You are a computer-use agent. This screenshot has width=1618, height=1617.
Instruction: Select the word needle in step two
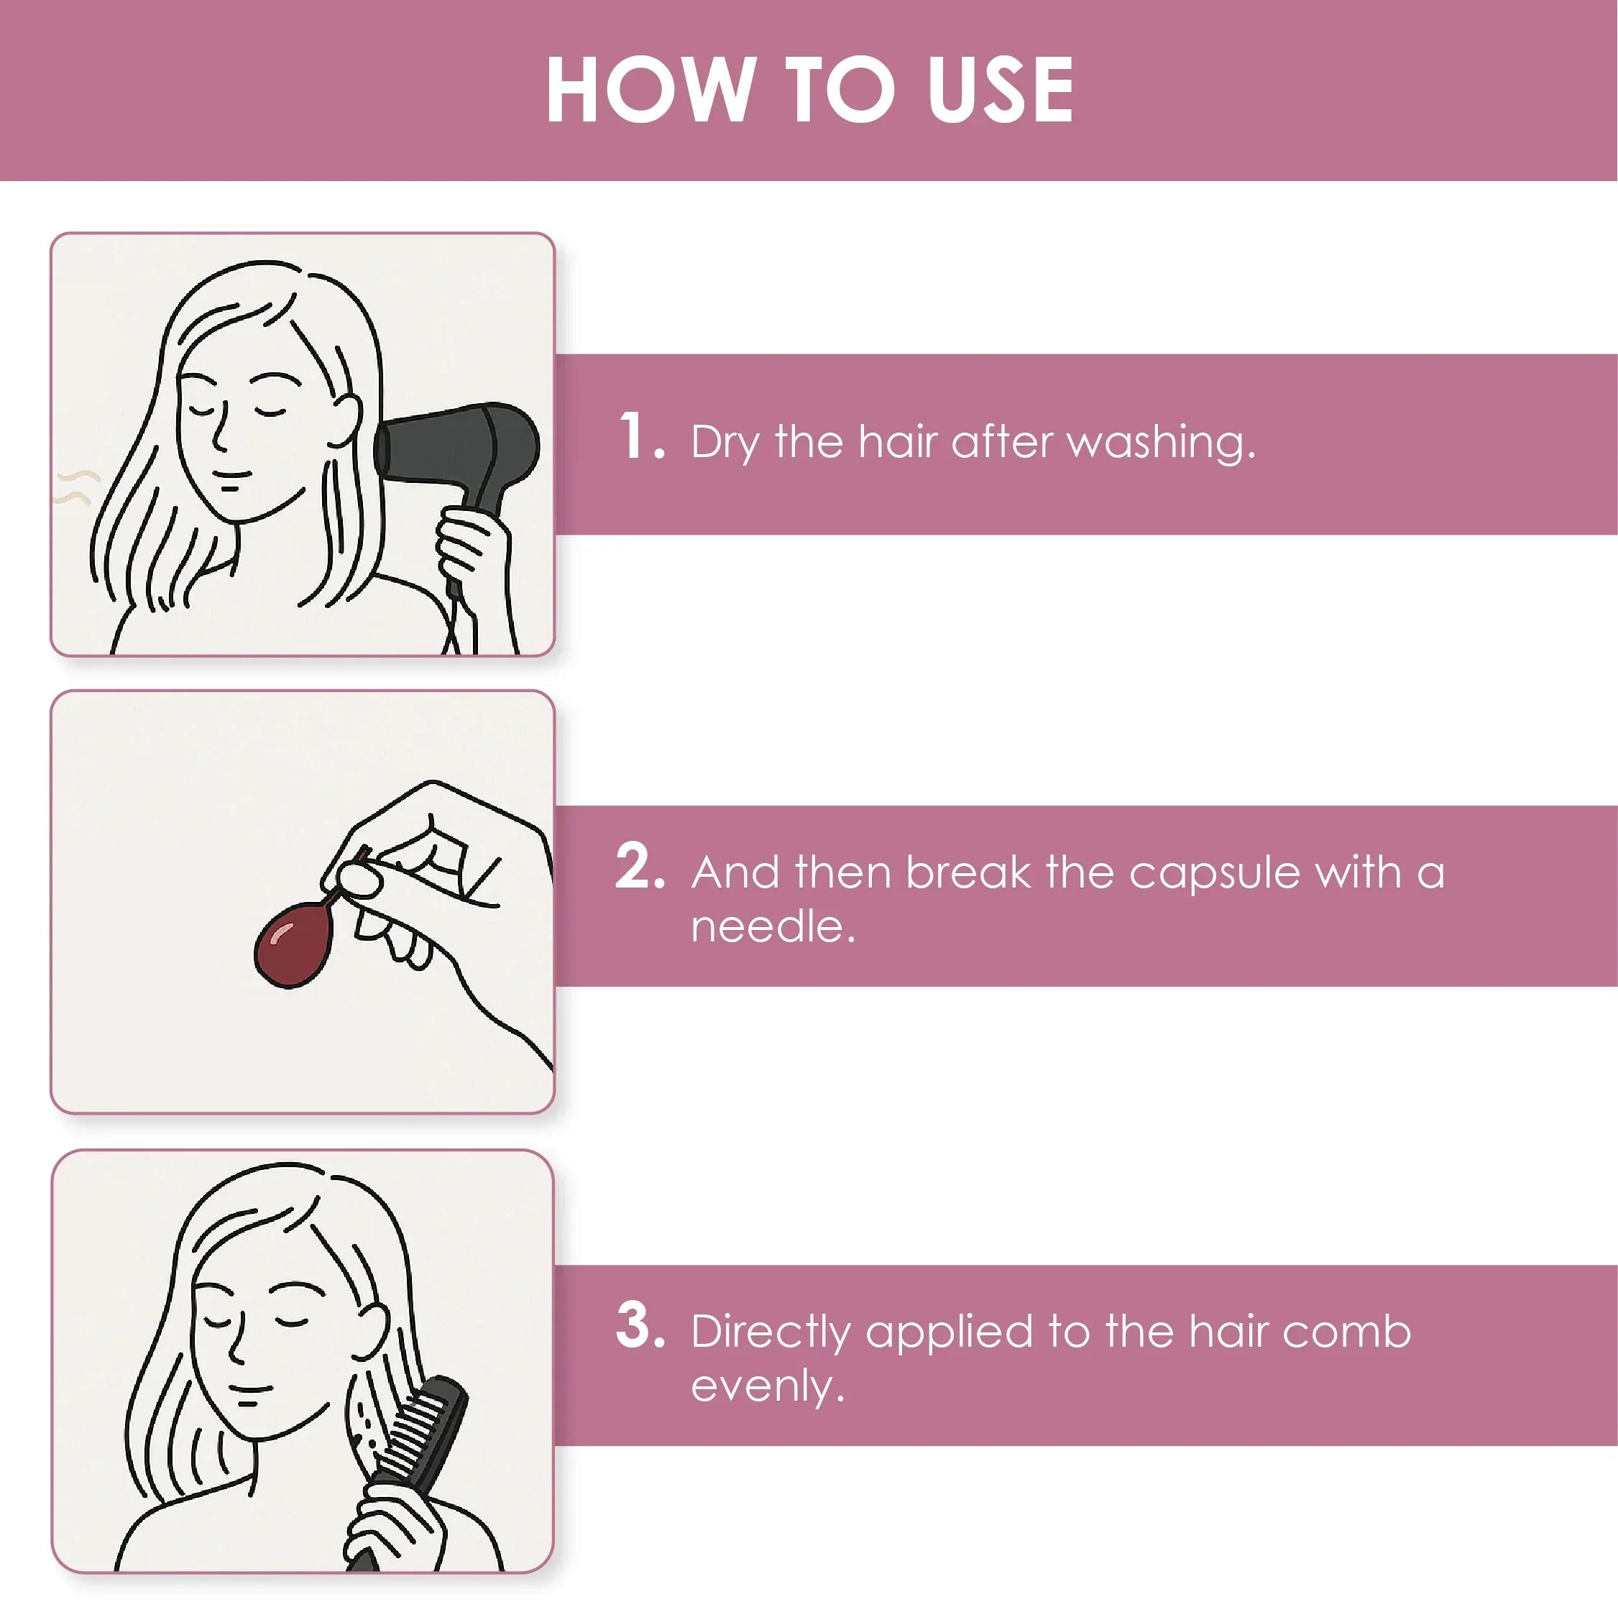pyautogui.click(x=771, y=927)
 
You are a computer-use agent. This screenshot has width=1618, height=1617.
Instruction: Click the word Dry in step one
pyautogui.click(x=725, y=442)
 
